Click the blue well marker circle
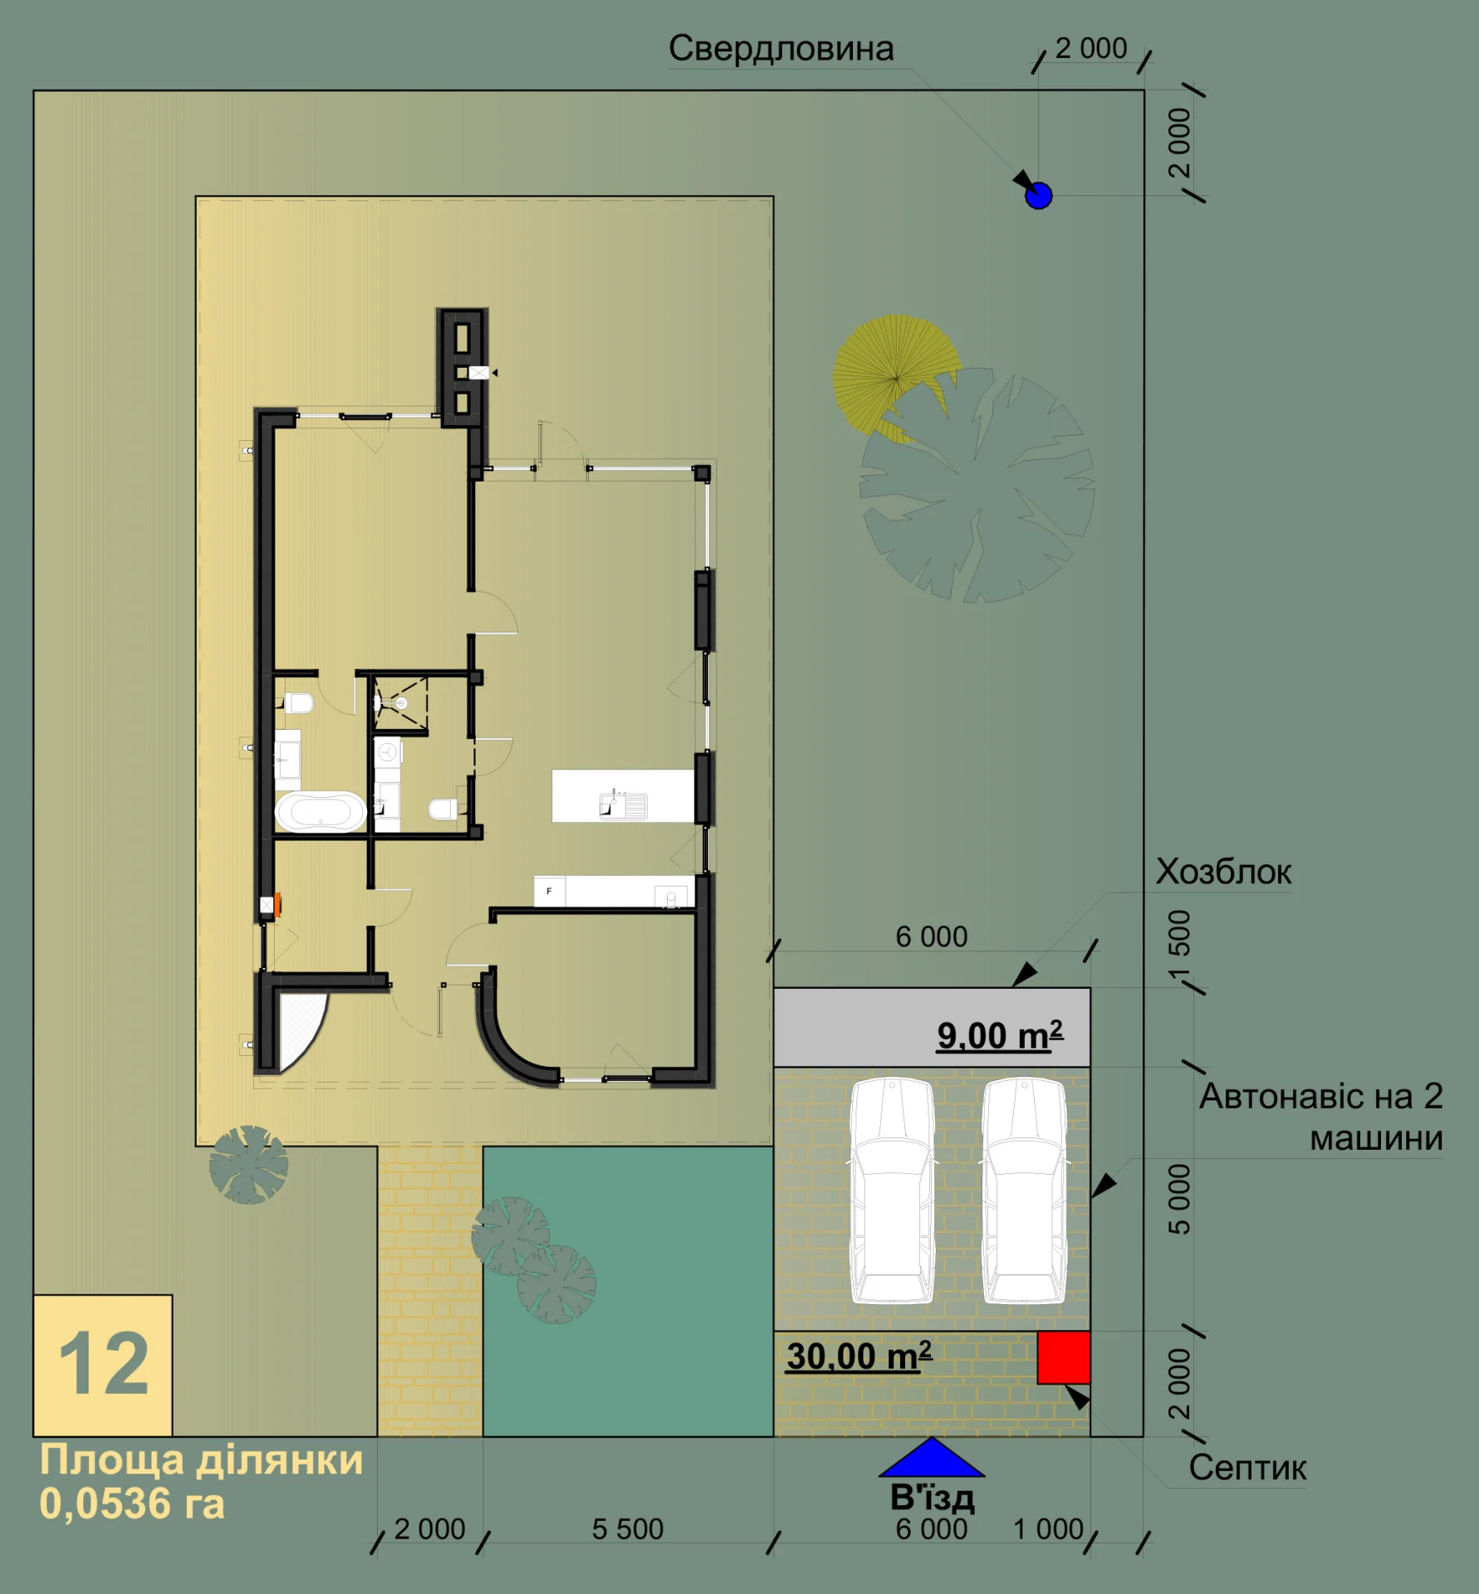[x=1039, y=196]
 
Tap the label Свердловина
[x=781, y=49]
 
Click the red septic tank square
[x=1064, y=1357]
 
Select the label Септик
[x=1247, y=1468]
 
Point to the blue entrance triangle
[x=932, y=1458]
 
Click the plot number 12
[x=103, y=1364]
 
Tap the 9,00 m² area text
[x=1000, y=1035]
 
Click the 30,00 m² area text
[x=859, y=1356]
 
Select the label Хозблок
[x=1223, y=872]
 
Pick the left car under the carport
[x=892, y=1191]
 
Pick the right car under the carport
[x=1024, y=1191]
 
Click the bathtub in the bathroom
[x=321, y=811]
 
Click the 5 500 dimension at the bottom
[x=628, y=1529]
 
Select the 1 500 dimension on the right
[x=1179, y=945]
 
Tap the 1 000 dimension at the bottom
[x=1048, y=1529]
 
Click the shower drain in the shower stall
[x=402, y=703]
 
